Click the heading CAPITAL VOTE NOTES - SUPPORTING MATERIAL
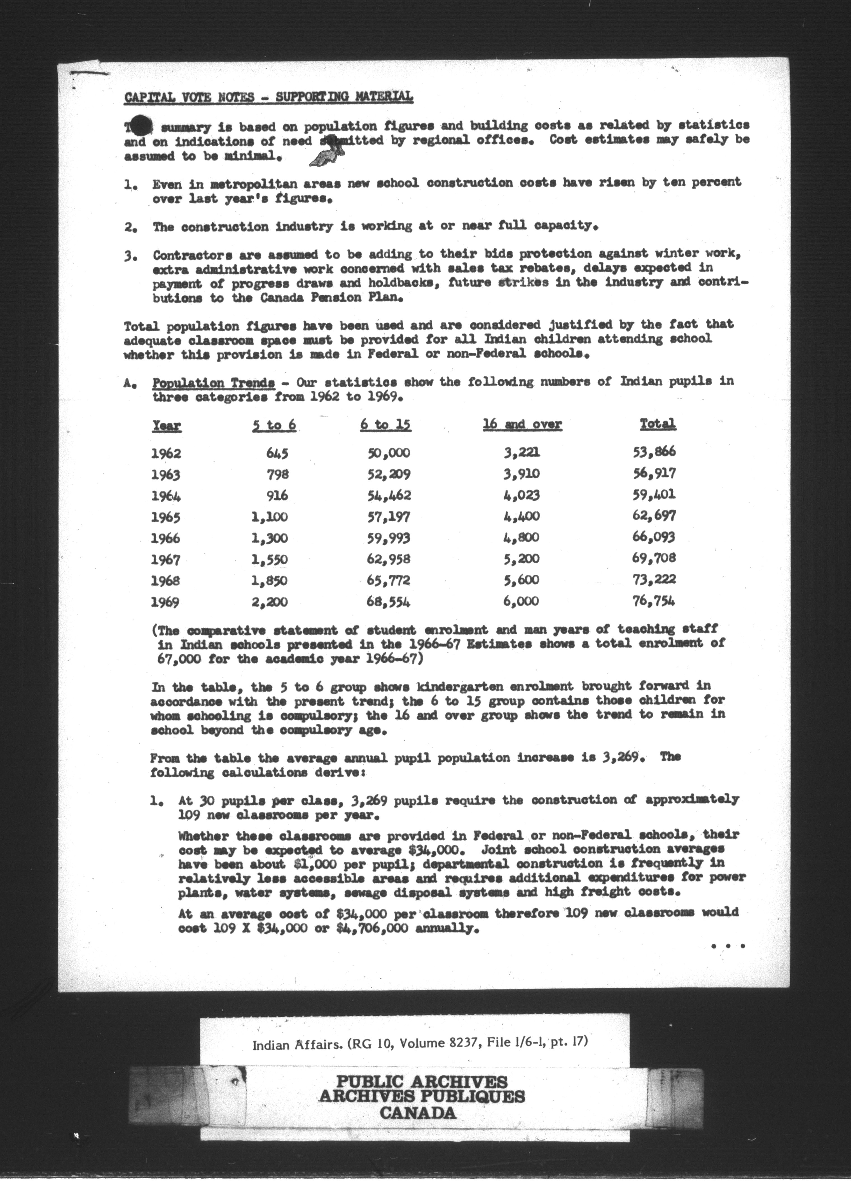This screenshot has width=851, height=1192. point(268,97)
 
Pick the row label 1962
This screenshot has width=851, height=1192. point(166,453)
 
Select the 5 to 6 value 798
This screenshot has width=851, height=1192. point(278,474)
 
